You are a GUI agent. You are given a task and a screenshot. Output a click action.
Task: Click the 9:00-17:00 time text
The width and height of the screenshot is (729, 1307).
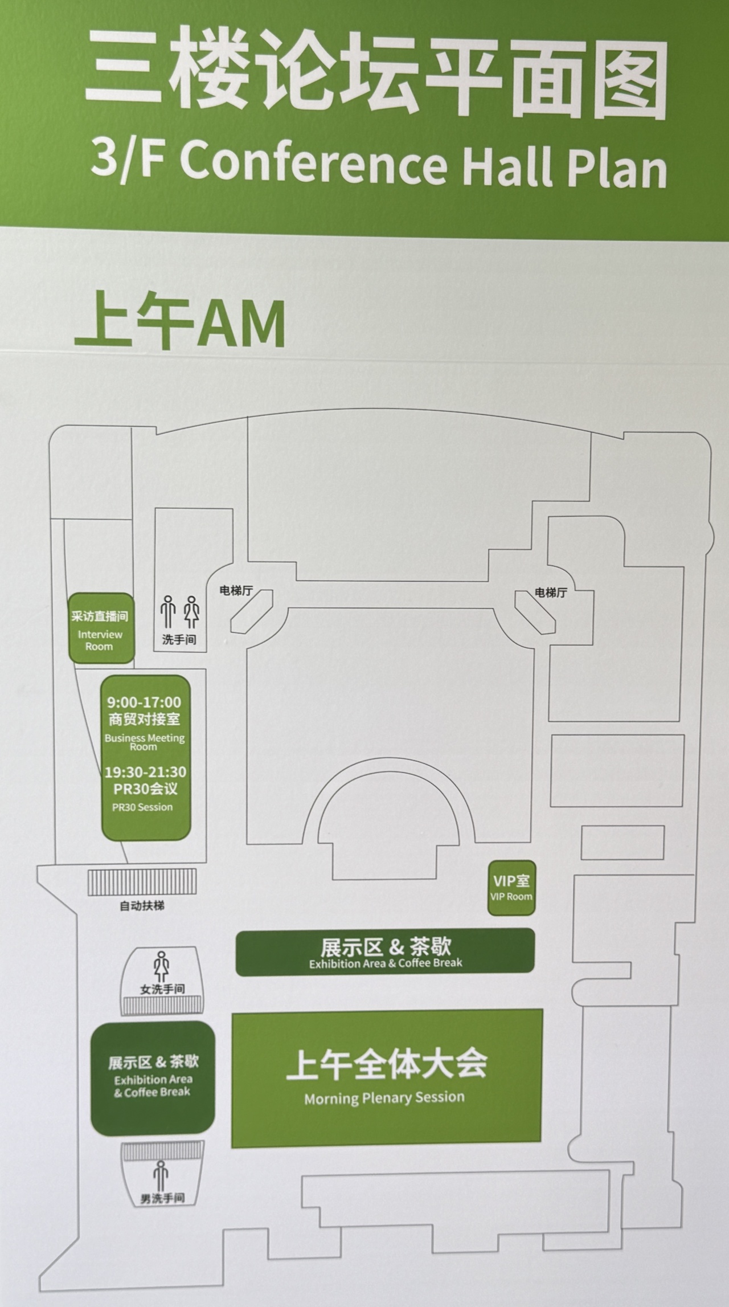pyautogui.click(x=144, y=702)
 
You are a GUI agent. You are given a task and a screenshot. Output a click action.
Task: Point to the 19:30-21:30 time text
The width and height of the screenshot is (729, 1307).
pyautogui.click(x=145, y=772)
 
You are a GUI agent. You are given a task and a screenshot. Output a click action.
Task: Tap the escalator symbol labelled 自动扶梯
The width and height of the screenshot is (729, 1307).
pyautogui.click(x=142, y=883)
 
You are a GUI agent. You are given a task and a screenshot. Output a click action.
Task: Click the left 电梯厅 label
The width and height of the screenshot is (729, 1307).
pyautogui.click(x=236, y=591)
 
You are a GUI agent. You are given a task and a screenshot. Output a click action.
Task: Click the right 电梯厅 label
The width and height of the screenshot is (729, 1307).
pyautogui.click(x=551, y=593)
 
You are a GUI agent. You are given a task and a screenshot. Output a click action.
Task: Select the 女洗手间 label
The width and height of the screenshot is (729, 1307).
pyautogui.click(x=162, y=989)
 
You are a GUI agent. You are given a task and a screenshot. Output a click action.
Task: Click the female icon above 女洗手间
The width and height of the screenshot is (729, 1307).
pyautogui.click(x=162, y=966)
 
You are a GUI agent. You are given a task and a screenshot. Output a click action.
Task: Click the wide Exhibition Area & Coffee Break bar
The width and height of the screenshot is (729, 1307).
pyautogui.click(x=385, y=952)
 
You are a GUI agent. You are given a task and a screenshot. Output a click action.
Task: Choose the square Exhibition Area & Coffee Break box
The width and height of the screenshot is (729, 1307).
pyautogui.click(x=153, y=1077)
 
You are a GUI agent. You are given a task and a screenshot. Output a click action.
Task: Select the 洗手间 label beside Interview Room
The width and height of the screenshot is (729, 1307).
pyautogui.click(x=179, y=640)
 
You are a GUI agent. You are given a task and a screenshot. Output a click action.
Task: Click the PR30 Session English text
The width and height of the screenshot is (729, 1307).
pyautogui.click(x=142, y=807)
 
